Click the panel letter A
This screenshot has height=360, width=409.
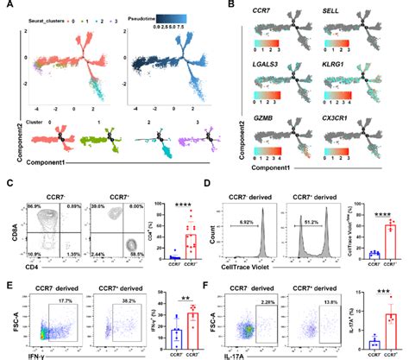(x=7, y=6)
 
